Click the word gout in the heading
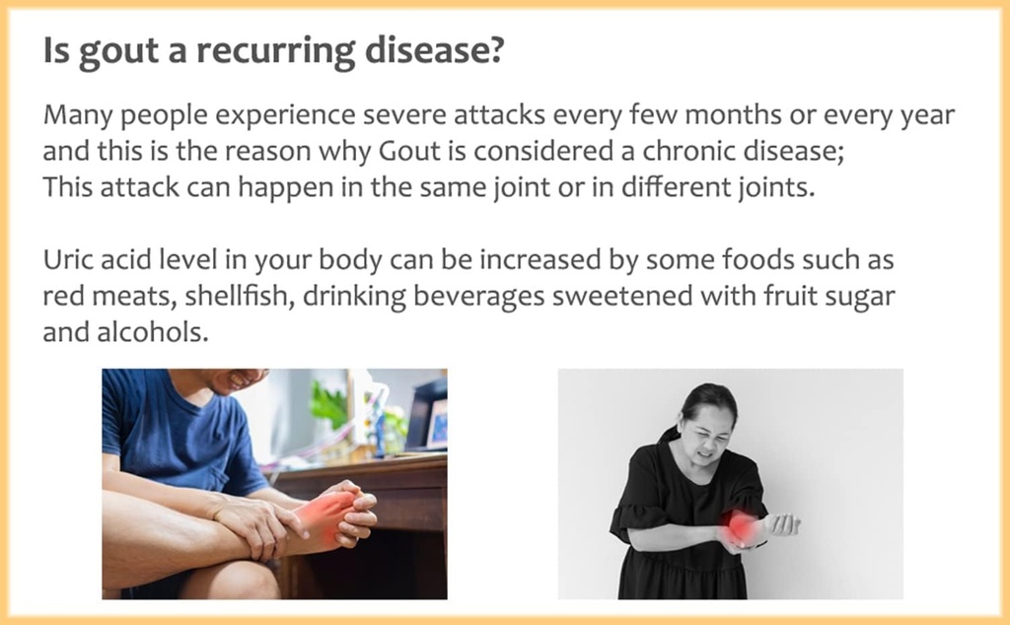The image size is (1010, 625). (118, 51)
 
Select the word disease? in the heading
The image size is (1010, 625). (434, 49)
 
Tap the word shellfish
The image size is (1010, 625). (240, 296)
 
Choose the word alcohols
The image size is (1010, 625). (153, 332)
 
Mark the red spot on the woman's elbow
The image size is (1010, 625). (743, 527)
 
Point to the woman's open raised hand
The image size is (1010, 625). (782, 524)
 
